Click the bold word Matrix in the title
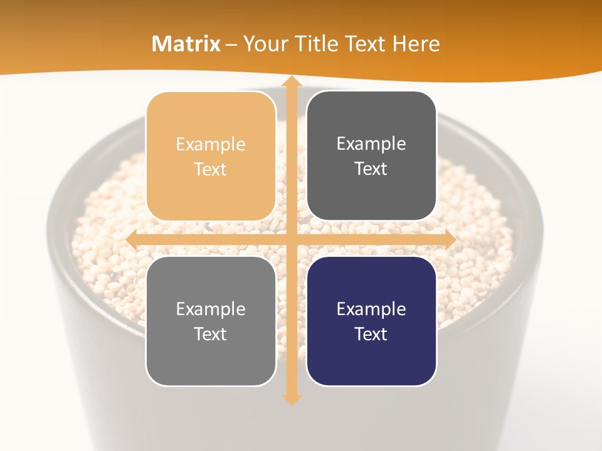point(186,44)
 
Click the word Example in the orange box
point(211,145)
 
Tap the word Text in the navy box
point(371,334)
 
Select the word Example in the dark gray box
point(371,144)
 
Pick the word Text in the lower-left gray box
point(211,334)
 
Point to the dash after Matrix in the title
point(231,44)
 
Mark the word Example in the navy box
point(371,309)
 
